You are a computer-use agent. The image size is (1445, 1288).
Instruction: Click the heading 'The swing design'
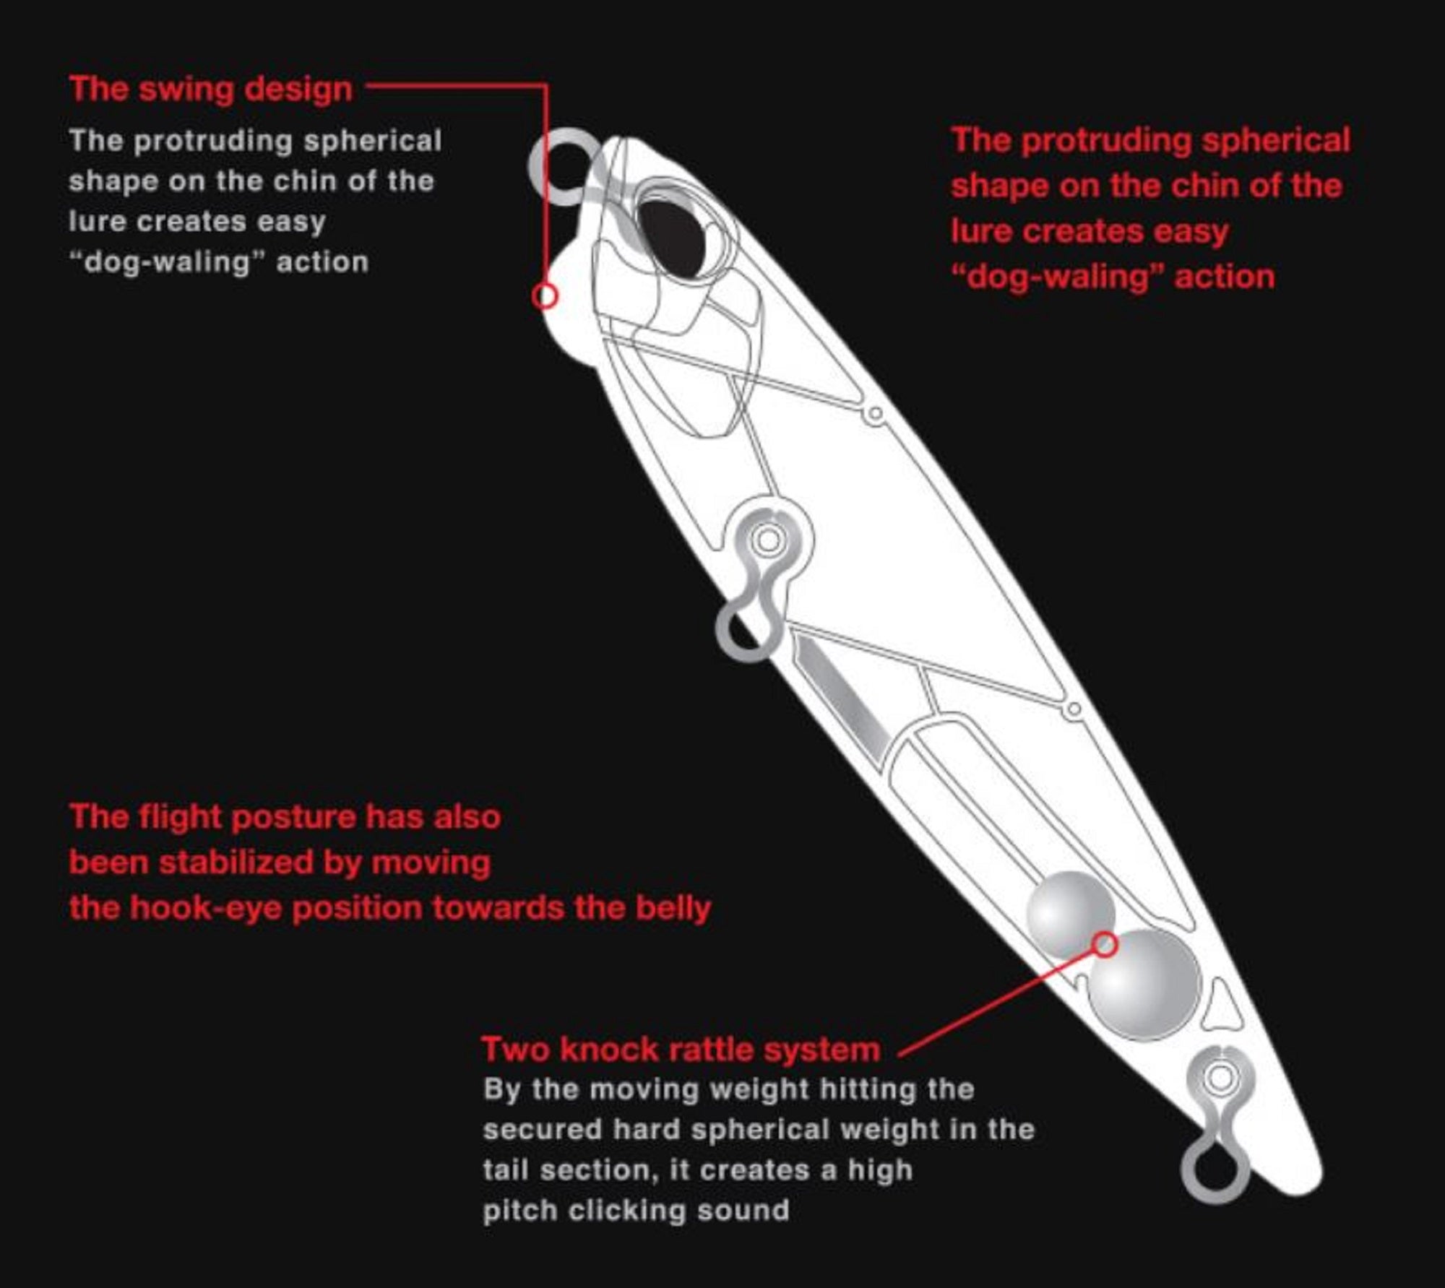pos(211,90)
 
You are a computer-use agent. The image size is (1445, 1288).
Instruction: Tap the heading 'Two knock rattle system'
pos(681,1049)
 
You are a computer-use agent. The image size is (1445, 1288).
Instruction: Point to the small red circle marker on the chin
pos(545,295)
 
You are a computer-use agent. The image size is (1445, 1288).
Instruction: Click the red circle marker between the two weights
pos(1105,944)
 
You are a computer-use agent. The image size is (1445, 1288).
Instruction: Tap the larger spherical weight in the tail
pos(1144,985)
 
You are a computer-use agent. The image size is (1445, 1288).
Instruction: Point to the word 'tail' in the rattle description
pos(504,1170)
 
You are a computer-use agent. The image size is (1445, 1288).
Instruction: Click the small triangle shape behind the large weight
pos(1223,1005)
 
